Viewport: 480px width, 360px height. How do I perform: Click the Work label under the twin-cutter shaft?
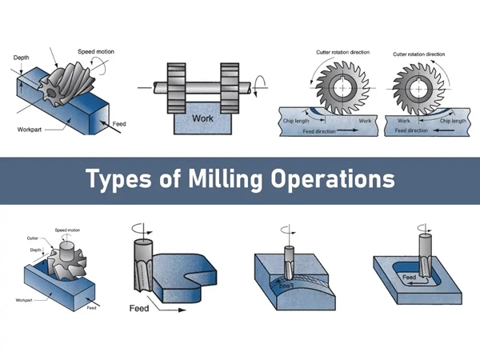[203, 118]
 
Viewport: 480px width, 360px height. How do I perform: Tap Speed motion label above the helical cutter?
[96, 52]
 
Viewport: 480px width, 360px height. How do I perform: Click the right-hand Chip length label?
[453, 121]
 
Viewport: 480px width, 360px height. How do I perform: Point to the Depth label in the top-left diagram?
[22, 58]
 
